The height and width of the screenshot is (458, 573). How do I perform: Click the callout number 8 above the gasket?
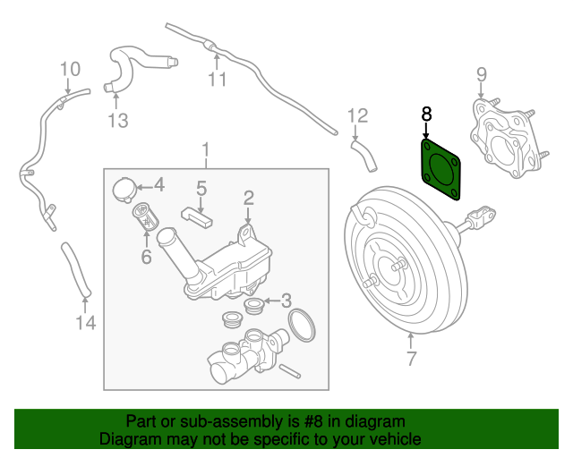[x=426, y=114]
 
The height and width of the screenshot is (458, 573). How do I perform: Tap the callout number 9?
[x=481, y=74]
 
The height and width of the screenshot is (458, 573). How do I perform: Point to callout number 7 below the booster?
[x=411, y=360]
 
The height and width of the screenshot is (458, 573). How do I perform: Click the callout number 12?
[x=357, y=114]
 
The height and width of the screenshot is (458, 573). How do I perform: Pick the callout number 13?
[x=118, y=119]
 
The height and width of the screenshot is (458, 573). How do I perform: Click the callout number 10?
[x=70, y=69]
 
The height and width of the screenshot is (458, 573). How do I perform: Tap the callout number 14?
[x=84, y=322]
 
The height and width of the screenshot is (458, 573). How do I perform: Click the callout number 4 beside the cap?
[x=158, y=185]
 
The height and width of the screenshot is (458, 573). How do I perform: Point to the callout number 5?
[x=201, y=188]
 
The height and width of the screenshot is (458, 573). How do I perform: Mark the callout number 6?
[x=146, y=257]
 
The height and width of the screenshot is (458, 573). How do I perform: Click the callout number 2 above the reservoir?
[x=249, y=197]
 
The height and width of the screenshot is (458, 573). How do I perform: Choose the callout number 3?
[x=286, y=300]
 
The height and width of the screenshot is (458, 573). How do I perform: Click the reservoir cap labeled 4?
[x=124, y=188]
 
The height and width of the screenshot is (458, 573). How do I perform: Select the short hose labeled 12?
[x=365, y=153]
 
